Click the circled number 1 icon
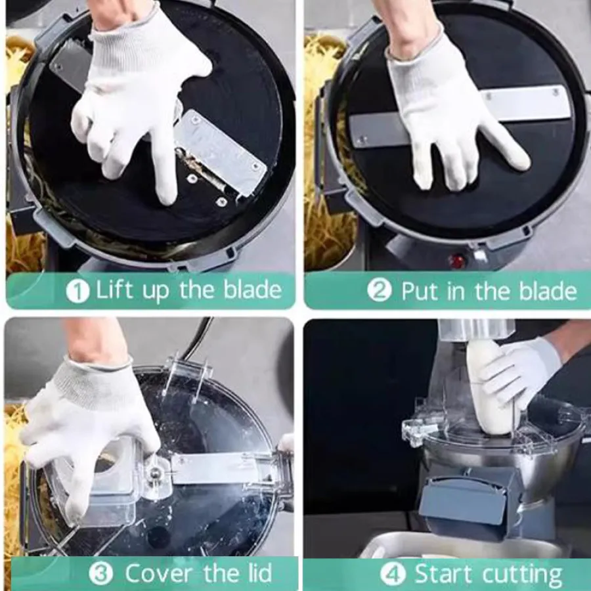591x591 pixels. pos(77,292)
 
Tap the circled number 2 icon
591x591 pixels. pos(380,290)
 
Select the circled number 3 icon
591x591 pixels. pos(100,573)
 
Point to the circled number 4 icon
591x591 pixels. pos(393,574)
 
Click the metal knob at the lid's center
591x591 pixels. pos(155,472)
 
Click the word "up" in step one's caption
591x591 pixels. pos(156,292)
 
